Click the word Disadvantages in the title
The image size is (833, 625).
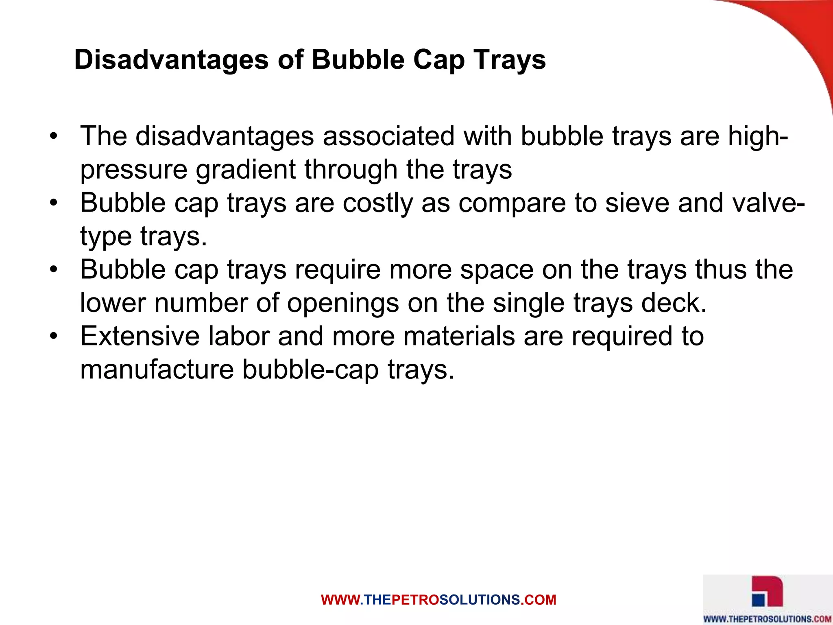pos(171,60)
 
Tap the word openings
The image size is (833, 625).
pos(343,303)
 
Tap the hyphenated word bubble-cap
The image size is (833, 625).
pos(311,370)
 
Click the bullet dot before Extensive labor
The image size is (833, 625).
pos(53,337)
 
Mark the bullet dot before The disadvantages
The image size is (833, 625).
pos(53,137)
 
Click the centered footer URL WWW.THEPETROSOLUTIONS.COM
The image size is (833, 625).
pos(438,600)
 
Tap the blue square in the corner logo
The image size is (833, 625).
pos(758,600)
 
